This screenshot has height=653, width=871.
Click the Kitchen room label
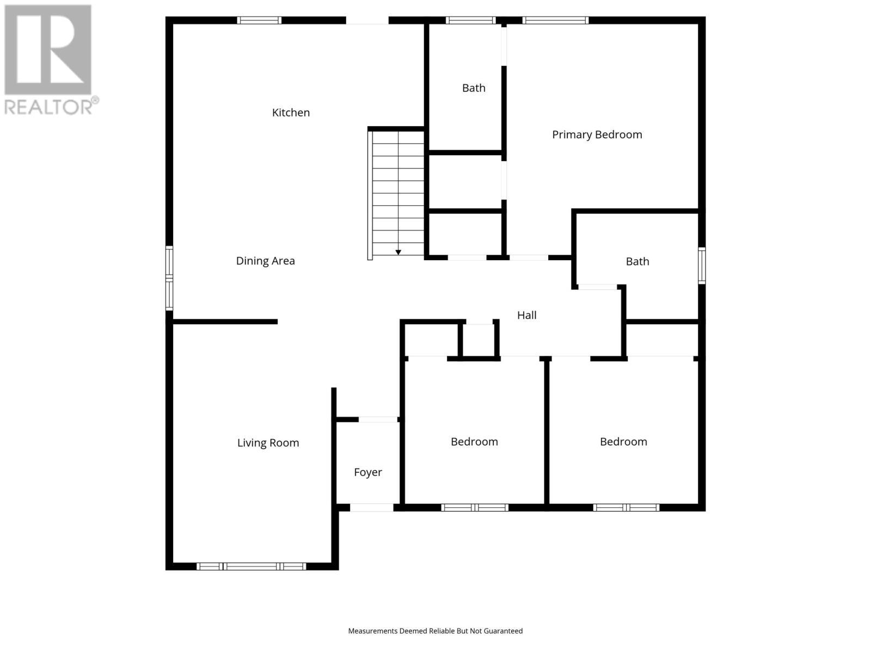[x=291, y=113]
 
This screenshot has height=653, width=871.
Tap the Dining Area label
[x=265, y=261]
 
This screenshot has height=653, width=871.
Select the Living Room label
[x=268, y=443]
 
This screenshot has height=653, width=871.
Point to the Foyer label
[x=368, y=472]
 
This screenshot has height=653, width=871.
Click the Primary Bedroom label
[x=597, y=134]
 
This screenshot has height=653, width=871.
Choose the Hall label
[x=526, y=315]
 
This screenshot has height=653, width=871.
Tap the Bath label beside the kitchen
[x=474, y=88]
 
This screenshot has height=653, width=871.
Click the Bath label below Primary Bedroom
[x=637, y=262]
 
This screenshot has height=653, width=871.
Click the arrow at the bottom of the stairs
[x=398, y=252]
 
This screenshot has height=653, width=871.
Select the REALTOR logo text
[x=52, y=106]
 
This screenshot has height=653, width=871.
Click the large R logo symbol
[x=48, y=50]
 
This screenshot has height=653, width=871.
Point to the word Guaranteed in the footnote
[x=501, y=631]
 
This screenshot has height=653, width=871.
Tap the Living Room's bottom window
[x=251, y=566]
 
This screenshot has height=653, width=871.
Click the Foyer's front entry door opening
[x=371, y=508]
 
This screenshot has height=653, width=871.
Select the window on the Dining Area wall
[x=169, y=278]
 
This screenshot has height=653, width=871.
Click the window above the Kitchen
[x=259, y=21]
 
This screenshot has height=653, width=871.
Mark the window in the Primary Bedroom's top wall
[x=555, y=21]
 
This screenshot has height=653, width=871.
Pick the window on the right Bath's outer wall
[x=702, y=266]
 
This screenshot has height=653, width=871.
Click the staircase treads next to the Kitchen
[x=398, y=190]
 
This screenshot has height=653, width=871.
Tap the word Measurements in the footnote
[x=373, y=631]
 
